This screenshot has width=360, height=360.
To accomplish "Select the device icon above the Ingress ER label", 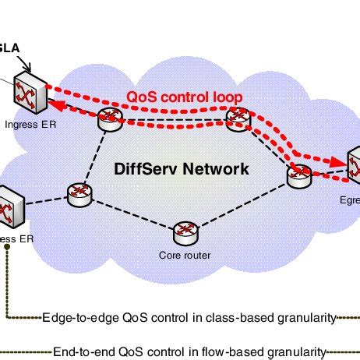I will pyautogui.click(x=26, y=97).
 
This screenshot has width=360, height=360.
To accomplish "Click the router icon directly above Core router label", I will pyautogui.click(x=185, y=231).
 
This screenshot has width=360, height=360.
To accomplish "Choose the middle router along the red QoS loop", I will pyautogui.click(x=235, y=117).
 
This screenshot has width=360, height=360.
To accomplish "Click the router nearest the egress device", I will pyautogui.click(x=299, y=175).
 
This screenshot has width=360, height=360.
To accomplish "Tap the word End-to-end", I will pyautogui.click(x=80, y=351).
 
